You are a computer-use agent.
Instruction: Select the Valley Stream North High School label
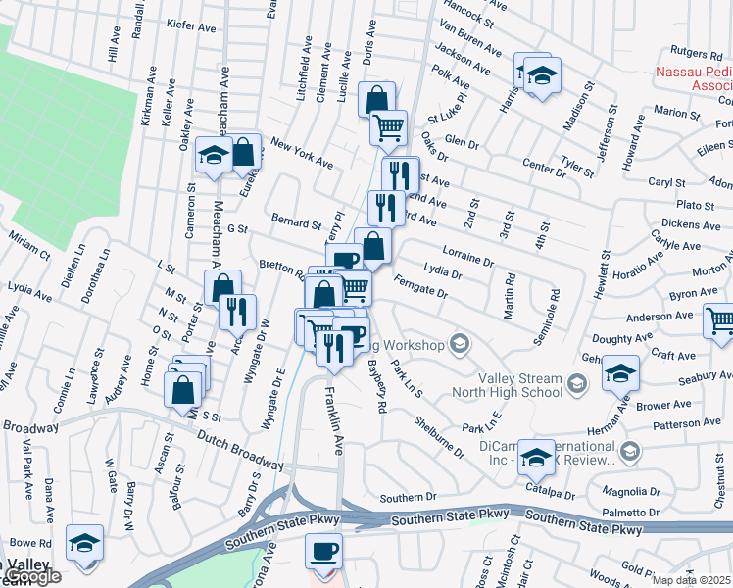click(520, 385)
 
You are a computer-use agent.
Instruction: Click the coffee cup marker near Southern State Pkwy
click(326, 551)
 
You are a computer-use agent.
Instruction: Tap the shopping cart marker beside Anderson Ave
click(720, 320)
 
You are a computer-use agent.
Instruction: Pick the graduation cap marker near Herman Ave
click(620, 373)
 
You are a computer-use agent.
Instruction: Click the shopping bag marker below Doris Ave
click(376, 99)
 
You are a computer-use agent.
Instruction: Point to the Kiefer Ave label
click(191, 23)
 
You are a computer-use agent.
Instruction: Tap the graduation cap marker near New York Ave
click(213, 156)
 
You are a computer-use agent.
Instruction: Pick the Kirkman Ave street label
click(149, 98)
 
